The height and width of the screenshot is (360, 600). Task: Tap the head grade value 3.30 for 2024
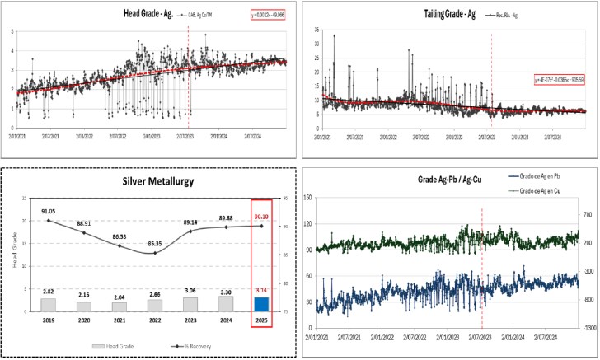click(x=223, y=291)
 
